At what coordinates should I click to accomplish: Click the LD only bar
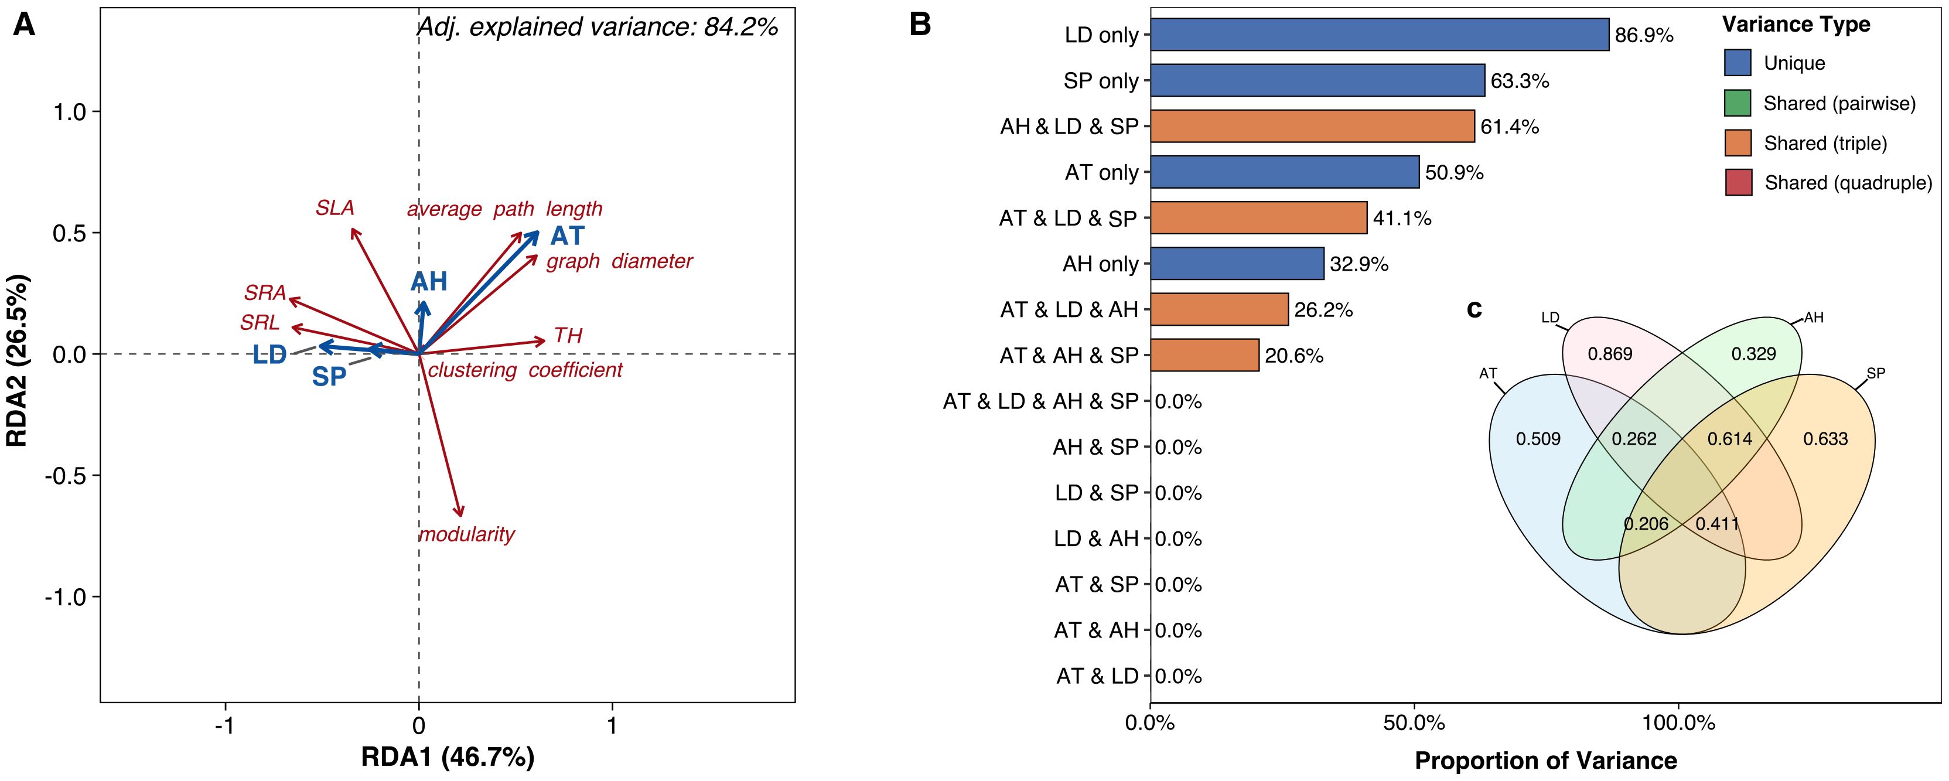pos(1378,35)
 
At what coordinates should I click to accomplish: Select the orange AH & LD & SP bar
pos(1312,127)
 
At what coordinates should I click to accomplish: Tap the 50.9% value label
pos(1453,172)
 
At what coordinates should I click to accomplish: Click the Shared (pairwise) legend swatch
pos(1737,103)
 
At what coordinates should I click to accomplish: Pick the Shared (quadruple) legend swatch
pos(1738,182)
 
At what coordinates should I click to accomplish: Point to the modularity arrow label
pos(466,534)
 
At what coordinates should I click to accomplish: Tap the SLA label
pos(334,207)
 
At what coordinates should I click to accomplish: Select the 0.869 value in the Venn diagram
pos(1609,353)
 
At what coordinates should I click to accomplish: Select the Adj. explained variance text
pos(598,27)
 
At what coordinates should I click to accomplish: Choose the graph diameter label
pos(619,261)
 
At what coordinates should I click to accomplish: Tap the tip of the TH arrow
pos(544,342)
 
